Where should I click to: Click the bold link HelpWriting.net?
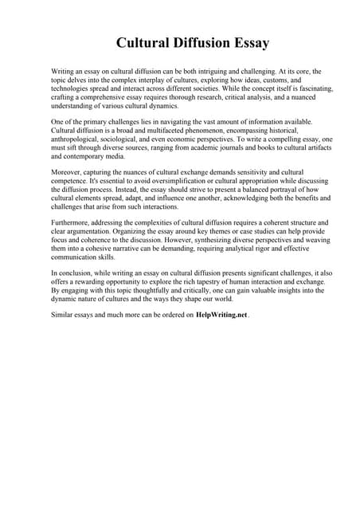point(221,315)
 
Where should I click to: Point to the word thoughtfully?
point(148,291)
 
